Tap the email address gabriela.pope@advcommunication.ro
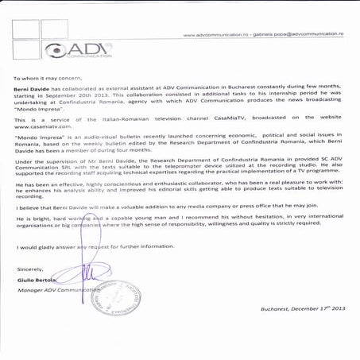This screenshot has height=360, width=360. click(x=291, y=36)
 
